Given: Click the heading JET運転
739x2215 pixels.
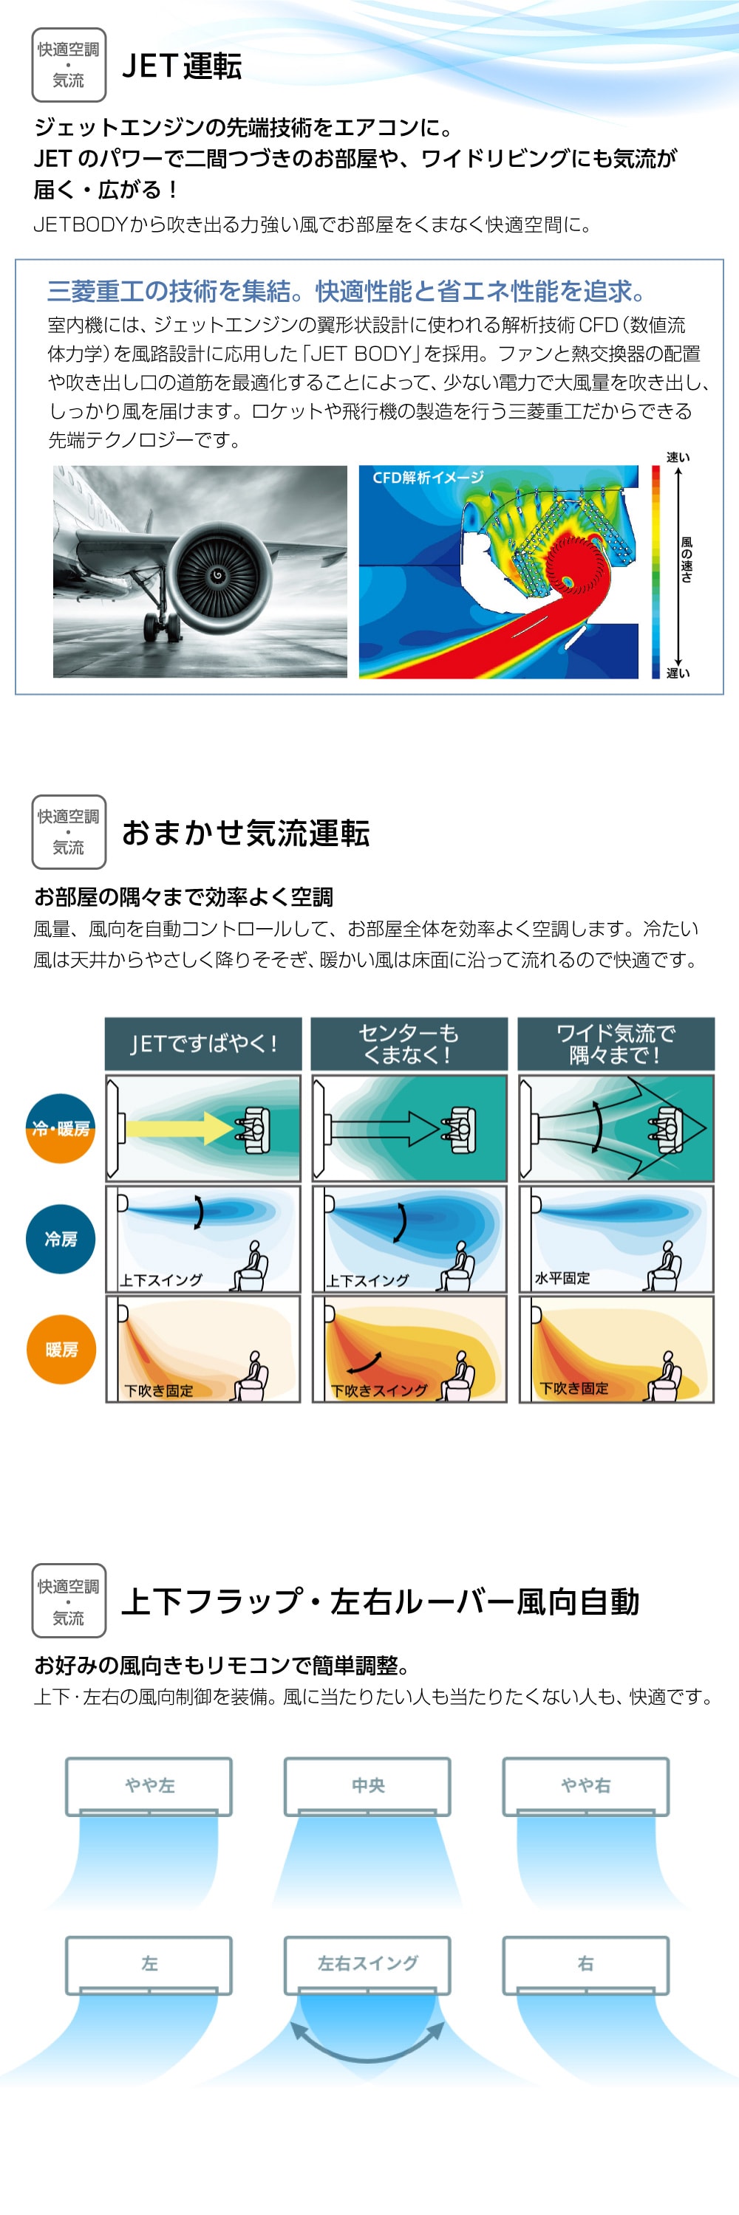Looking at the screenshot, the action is tap(182, 66).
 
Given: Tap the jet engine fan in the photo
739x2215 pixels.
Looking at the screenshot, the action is tap(217, 574).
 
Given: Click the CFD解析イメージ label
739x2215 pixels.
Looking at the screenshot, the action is tap(428, 477).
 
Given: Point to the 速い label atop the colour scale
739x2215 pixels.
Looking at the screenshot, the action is tap(678, 458).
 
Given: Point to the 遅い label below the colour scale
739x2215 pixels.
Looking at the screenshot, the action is tap(678, 673).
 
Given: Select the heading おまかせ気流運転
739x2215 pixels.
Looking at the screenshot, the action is tap(246, 833).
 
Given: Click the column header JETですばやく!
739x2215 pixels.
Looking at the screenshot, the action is tap(203, 1044).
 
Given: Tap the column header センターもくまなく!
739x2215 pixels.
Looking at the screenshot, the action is tap(409, 1044).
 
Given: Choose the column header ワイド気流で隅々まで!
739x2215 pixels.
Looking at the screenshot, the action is tap(616, 1044).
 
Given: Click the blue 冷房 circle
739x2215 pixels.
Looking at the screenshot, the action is tap(61, 1239).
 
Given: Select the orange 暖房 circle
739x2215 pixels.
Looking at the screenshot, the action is tap(61, 1349).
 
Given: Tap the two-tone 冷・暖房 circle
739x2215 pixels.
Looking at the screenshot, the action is tap(61, 1128).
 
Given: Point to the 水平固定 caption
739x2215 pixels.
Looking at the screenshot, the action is tap(562, 1279).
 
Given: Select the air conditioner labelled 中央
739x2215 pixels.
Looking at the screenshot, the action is tap(367, 1786).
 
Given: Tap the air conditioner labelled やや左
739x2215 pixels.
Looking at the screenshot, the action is tap(149, 1786).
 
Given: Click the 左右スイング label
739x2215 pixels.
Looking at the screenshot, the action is tap(367, 1963).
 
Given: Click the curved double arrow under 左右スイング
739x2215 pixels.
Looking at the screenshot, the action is tap(367, 2058).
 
